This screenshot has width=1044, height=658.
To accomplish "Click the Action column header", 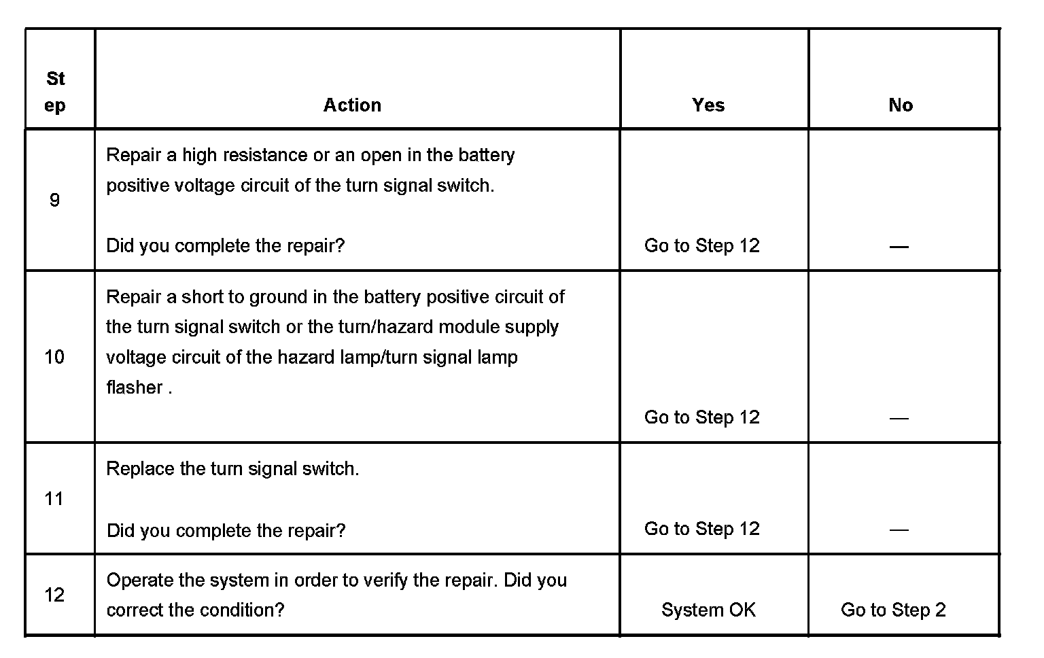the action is [x=352, y=105].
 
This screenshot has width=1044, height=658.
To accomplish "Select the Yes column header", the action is [x=708, y=105].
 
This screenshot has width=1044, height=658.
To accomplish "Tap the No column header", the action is [x=901, y=105].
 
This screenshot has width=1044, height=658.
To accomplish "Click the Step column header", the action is [x=56, y=92].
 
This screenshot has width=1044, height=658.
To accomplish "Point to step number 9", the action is [x=54, y=200].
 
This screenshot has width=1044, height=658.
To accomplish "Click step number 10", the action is [x=54, y=356].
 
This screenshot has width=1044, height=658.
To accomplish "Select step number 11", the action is [x=54, y=499].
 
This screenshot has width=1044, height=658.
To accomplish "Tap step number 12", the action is [x=54, y=595].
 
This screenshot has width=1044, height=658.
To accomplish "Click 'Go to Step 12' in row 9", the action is [x=702, y=245].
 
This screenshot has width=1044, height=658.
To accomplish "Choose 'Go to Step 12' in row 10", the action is [x=702, y=417].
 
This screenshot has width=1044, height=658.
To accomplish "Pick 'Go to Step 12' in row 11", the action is [x=702, y=529].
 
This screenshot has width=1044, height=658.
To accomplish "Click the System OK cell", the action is [x=708, y=610].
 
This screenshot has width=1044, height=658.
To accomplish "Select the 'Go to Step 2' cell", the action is [x=893, y=610].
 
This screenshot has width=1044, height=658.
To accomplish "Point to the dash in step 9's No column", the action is [x=899, y=247].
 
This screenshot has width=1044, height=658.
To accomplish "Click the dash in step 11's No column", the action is [x=899, y=530].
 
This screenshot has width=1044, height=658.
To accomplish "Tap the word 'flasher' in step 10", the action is [x=135, y=387].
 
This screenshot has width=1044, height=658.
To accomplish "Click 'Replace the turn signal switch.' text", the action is [x=232, y=468].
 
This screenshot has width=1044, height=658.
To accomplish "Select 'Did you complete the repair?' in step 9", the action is [x=226, y=245].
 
